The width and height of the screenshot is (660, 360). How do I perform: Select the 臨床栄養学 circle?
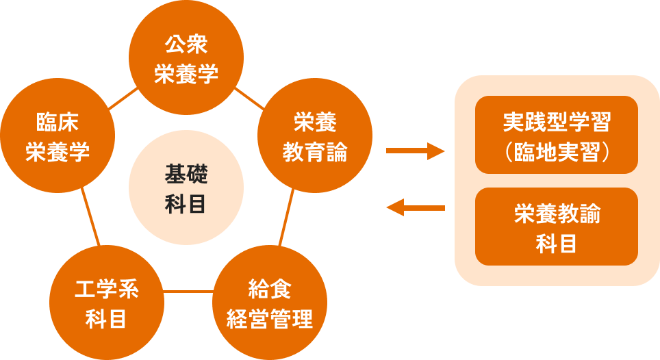[58, 137]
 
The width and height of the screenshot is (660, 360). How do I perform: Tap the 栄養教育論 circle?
[315, 137]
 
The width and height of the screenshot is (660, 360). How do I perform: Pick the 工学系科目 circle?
[106, 304]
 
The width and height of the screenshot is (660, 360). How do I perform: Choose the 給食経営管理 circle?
[270, 304]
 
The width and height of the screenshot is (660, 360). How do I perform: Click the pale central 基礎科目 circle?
[186, 188]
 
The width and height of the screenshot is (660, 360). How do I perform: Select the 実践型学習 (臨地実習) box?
[556, 135]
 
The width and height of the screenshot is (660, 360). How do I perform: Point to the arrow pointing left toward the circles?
[416, 207]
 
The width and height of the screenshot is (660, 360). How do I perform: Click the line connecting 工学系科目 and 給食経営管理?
[188, 292]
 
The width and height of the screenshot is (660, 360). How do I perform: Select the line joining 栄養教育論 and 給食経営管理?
[286, 218]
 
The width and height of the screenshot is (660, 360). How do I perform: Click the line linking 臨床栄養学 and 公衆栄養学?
[123, 99]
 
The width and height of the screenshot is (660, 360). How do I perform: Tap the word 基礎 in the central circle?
[186, 174]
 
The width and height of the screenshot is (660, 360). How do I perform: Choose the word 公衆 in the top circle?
[186, 45]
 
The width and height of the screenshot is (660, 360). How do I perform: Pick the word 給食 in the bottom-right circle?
[270, 290]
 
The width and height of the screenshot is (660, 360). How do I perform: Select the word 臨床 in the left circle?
[58, 123]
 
